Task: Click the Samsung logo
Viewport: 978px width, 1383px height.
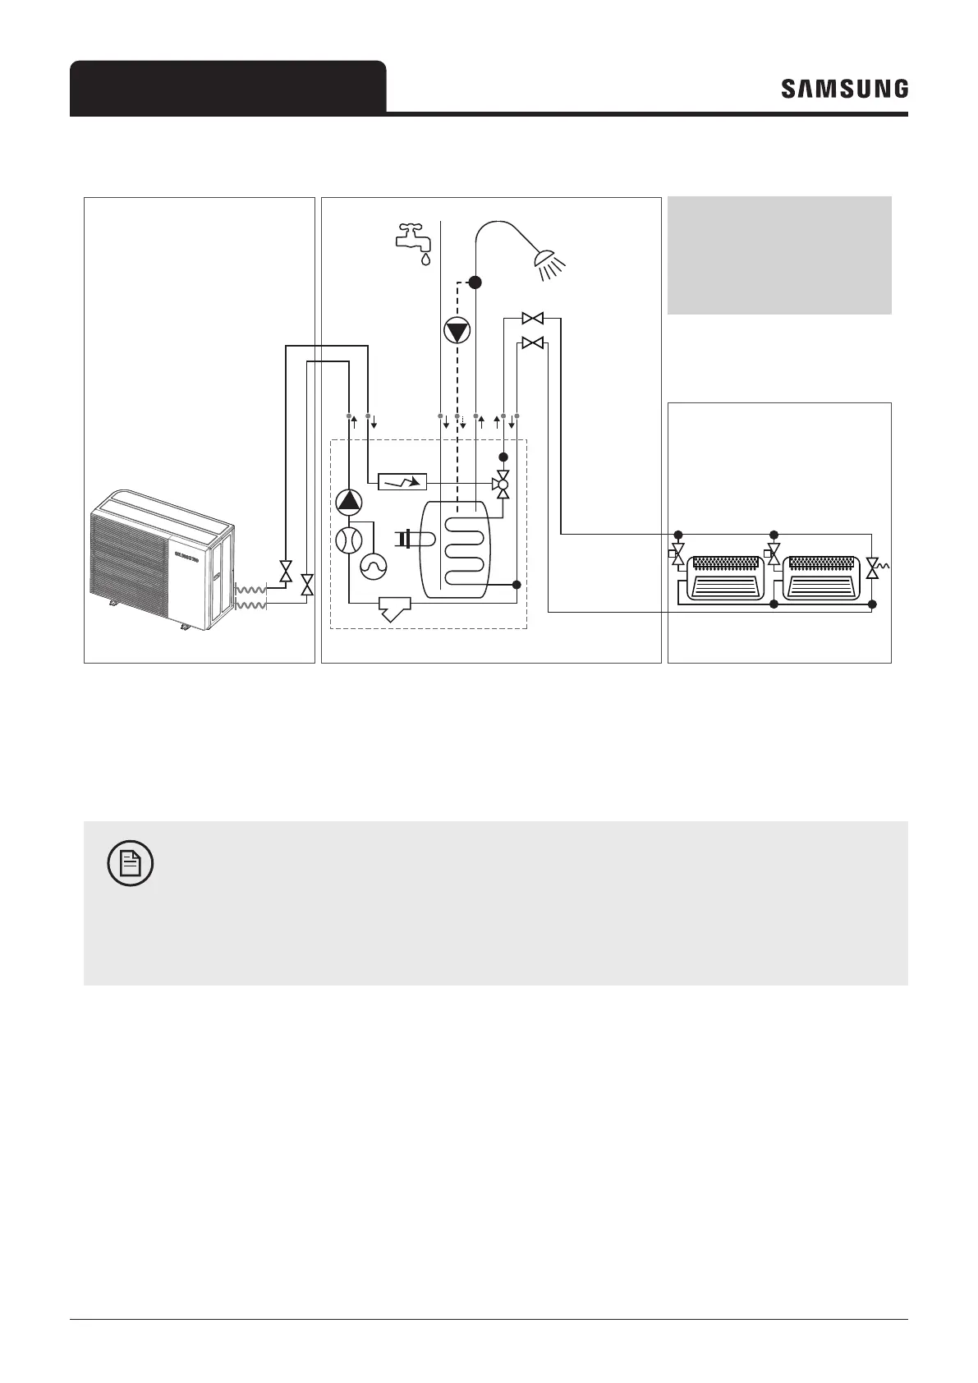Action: [844, 89]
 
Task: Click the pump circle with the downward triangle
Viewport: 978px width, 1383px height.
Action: [457, 331]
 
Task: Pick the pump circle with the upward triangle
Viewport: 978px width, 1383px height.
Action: [349, 501]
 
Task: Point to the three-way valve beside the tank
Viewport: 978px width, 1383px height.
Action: [503, 485]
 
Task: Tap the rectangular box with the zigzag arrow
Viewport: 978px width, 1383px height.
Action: [402, 482]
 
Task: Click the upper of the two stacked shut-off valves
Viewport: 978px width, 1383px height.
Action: [534, 318]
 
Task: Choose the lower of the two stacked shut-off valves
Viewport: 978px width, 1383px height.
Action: [534, 342]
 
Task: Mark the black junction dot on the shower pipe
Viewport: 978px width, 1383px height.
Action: [475, 282]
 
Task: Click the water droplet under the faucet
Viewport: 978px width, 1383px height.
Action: [425, 259]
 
